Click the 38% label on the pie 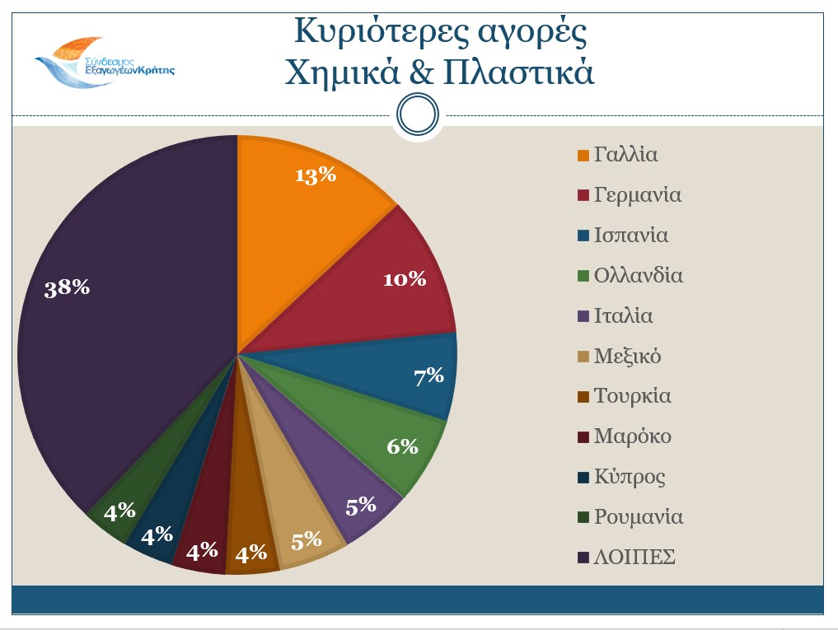[x=68, y=288]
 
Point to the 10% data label [x=405, y=279]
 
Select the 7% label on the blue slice [x=428, y=376]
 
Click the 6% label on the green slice [x=403, y=446]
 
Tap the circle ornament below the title [x=417, y=114]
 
